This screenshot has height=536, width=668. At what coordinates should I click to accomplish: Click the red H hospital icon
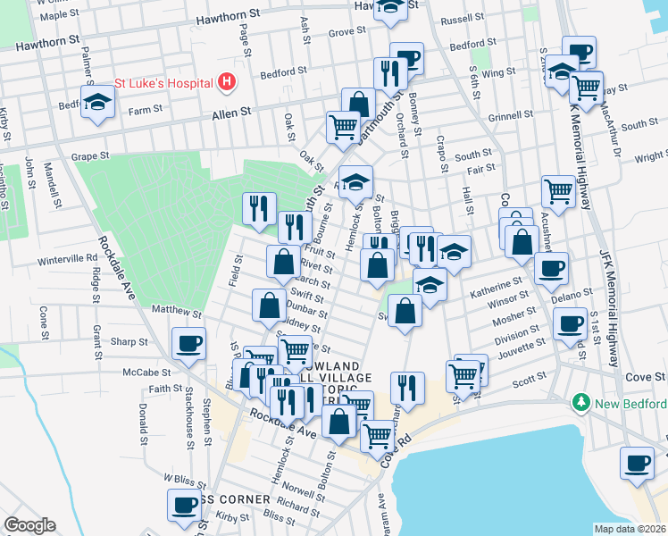coord(227,82)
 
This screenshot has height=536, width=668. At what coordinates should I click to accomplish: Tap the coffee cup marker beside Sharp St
coord(189,343)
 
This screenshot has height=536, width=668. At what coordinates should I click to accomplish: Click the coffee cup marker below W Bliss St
coord(184,503)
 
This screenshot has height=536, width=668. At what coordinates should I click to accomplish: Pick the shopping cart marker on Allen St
coord(342,127)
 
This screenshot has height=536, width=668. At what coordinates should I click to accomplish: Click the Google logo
coord(29,524)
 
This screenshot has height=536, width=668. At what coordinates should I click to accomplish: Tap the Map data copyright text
coord(629,528)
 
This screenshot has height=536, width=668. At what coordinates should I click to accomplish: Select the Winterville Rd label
coord(68,259)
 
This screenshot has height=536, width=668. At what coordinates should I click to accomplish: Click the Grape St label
coord(90,155)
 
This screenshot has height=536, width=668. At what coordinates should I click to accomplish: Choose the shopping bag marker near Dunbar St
coord(269,306)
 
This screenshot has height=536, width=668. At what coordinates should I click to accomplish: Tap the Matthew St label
coord(176,311)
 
